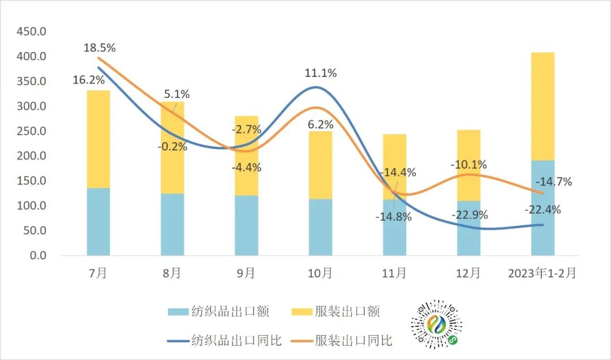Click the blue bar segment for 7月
[98, 221]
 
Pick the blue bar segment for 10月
[320, 227]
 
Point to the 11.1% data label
[321, 73]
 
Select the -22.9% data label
[469, 216]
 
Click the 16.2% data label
[88, 80]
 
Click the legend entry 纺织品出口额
[218, 311]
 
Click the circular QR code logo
[436, 324]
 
